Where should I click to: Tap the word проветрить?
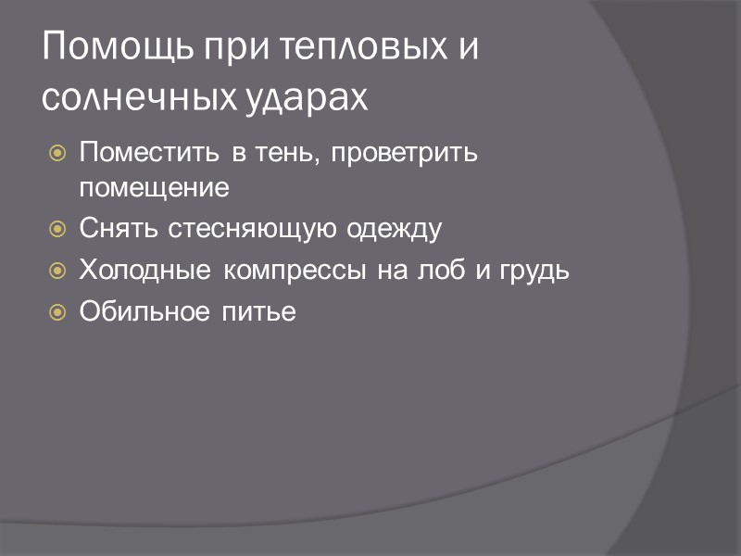click(x=405, y=151)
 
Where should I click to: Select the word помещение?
click(x=154, y=188)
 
